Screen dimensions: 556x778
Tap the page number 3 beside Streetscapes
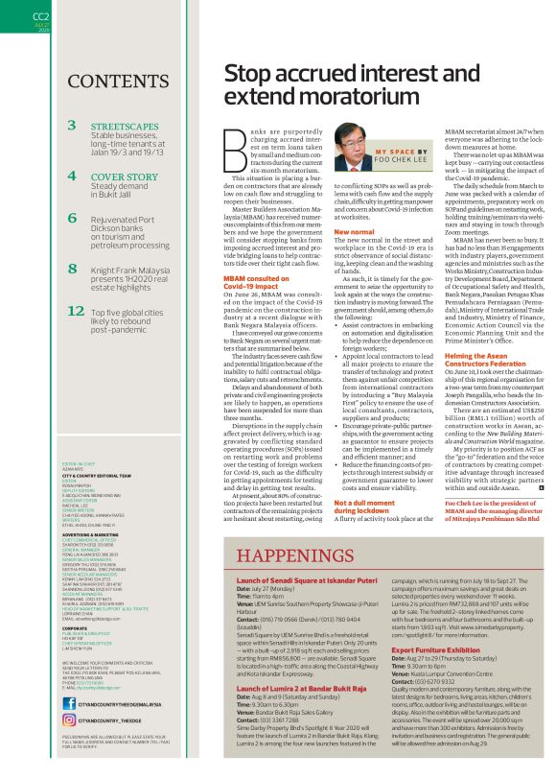73,126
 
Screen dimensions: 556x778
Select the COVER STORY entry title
125,177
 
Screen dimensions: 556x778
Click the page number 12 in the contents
77,311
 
